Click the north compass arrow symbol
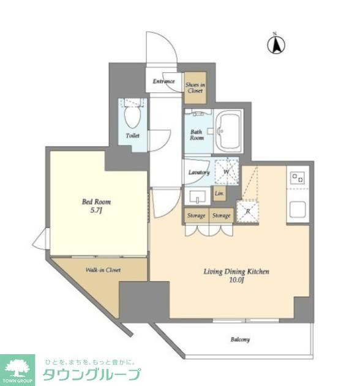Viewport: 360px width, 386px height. click(x=276, y=45)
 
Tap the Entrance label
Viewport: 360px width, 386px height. click(x=163, y=81)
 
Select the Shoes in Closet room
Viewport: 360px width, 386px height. click(x=195, y=87)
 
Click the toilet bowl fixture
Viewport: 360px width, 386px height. click(x=133, y=116)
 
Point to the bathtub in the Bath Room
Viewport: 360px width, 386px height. click(x=228, y=131)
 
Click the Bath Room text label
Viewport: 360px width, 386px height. click(x=197, y=135)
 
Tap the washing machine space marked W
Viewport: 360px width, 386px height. click(x=227, y=171)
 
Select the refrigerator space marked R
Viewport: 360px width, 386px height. click(x=247, y=211)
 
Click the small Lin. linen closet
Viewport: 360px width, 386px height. click(x=219, y=193)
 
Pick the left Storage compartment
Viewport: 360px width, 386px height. click(x=197, y=215)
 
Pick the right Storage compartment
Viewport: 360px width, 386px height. click(x=221, y=215)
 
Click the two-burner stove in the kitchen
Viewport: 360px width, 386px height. click(x=298, y=178)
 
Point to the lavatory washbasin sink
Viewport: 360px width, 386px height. click(x=198, y=196)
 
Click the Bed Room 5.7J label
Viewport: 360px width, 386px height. click(x=96, y=206)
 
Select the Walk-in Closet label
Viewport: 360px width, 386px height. click(x=103, y=270)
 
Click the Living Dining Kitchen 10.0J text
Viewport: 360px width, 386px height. click(x=236, y=275)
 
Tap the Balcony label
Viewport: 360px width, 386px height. click(x=240, y=340)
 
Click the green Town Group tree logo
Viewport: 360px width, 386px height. click(x=17, y=370)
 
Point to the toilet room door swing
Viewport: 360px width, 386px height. click(x=160, y=140)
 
